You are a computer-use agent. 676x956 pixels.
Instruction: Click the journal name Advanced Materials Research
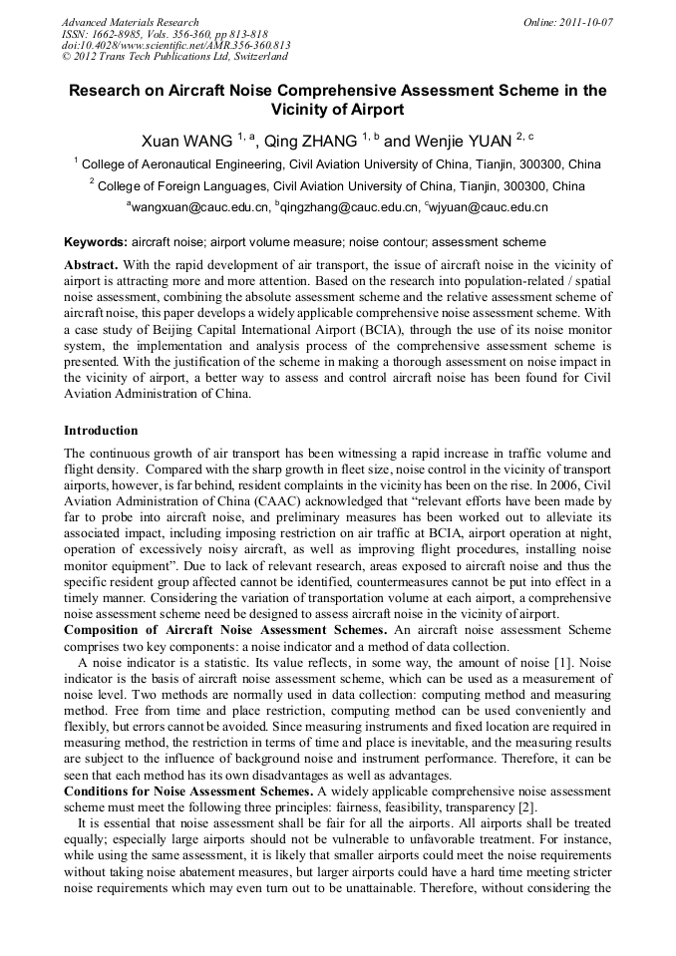click(131, 22)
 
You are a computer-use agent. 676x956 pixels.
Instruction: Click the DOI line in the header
click(175, 46)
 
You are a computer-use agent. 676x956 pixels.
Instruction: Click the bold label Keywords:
click(96, 242)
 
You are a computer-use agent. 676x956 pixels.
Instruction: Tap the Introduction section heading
click(101, 431)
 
